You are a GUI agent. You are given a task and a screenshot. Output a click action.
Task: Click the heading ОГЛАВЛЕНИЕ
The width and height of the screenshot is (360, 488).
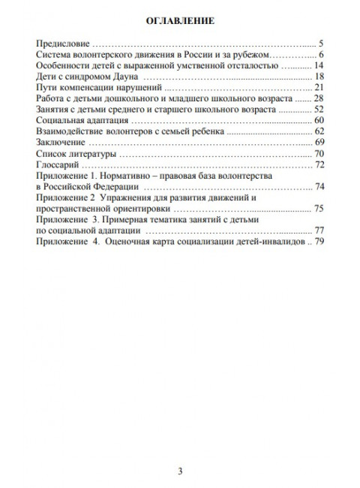tap(179, 22)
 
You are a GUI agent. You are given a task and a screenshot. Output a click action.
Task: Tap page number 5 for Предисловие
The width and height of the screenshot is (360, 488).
tap(320, 44)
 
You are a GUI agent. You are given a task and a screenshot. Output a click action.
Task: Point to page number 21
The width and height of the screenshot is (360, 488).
tap(318, 88)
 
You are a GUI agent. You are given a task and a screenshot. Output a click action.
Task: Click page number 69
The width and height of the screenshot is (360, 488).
tap(318, 142)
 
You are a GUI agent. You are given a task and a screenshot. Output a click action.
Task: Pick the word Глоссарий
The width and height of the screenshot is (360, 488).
tap(58, 164)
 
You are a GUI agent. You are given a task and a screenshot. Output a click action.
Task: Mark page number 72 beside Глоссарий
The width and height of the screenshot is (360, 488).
tap(318, 164)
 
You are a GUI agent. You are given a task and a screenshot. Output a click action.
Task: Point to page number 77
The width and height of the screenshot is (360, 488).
tap(318, 229)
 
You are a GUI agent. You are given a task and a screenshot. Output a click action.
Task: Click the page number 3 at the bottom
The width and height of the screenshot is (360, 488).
tap(180, 450)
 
